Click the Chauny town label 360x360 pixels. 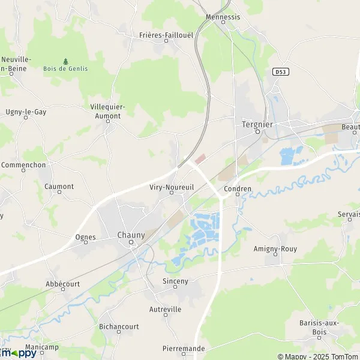[131, 235]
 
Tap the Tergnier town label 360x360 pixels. [257, 124]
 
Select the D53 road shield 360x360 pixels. [279, 71]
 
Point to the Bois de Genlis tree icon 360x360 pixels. [65, 61]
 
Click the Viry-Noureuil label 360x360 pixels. [171, 187]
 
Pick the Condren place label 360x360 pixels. [237, 188]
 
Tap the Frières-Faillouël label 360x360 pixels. [166, 35]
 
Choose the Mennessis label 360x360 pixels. [223, 17]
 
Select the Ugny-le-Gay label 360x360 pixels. [26, 112]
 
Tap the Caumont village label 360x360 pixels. [59, 187]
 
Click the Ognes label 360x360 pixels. [86, 238]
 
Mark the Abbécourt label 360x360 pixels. [63, 284]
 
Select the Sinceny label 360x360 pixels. [175, 281]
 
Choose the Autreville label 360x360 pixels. [165, 310]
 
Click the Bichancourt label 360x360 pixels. [119, 327]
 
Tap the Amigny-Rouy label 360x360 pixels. [275, 248]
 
